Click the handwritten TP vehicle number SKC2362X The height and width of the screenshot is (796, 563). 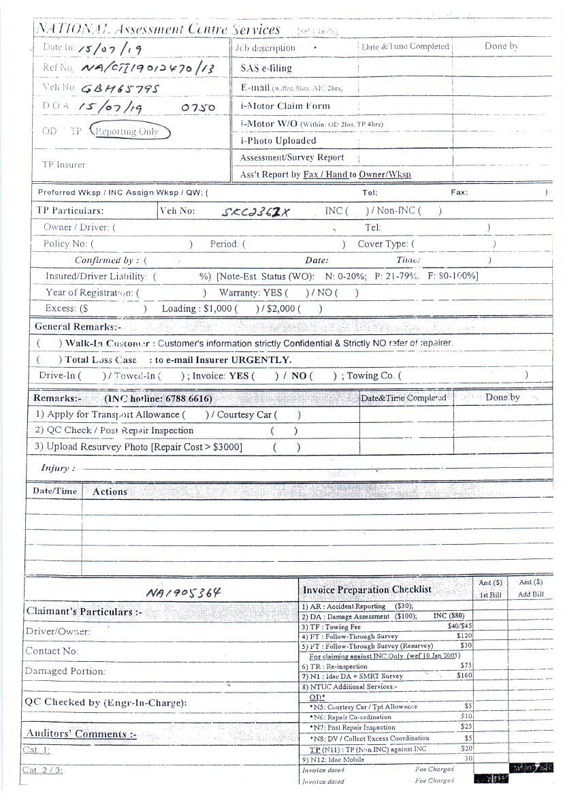[256, 211]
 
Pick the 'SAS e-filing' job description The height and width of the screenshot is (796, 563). [266, 68]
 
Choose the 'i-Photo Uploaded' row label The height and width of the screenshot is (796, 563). [278, 140]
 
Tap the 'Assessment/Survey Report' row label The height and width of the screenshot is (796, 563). [291, 157]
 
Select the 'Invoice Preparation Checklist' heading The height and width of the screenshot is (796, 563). [366, 589]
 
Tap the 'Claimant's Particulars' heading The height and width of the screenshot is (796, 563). [83, 611]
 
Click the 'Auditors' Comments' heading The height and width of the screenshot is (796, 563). [81, 733]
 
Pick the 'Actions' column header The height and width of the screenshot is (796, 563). [110, 491]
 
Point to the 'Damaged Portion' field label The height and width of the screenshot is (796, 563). [65, 671]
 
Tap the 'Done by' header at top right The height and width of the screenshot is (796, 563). [502, 46]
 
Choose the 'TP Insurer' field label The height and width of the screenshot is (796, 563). [65, 164]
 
